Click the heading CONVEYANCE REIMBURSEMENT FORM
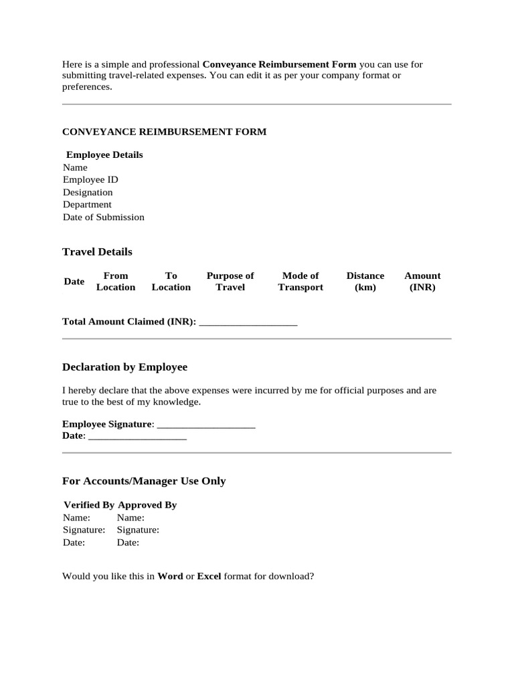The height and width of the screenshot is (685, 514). coord(164,132)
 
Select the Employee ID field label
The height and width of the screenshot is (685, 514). coord(90,180)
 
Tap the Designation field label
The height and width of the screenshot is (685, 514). coord(88,193)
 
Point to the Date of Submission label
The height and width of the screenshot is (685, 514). coord(103,217)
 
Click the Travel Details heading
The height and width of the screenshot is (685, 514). coord(97,252)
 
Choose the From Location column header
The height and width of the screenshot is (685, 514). coord(116,282)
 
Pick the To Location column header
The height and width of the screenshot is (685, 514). coord(171,282)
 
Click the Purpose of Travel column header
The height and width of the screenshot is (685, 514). coord(230,282)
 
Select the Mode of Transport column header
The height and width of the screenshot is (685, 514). coord(301,282)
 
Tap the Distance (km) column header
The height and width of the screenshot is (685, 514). coord(365,282)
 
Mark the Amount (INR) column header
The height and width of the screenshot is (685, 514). coord(422,282)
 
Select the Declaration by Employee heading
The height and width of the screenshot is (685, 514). coord(124,367)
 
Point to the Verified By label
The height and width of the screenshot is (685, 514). coord(89,505)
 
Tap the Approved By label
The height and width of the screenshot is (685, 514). coord(147,505)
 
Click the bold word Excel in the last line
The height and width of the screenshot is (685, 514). coord(209,577)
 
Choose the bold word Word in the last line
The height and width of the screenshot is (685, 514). coord(170,577)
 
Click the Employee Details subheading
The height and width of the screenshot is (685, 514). coord(104,155)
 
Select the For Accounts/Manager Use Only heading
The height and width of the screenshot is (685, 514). coord(144,481)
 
